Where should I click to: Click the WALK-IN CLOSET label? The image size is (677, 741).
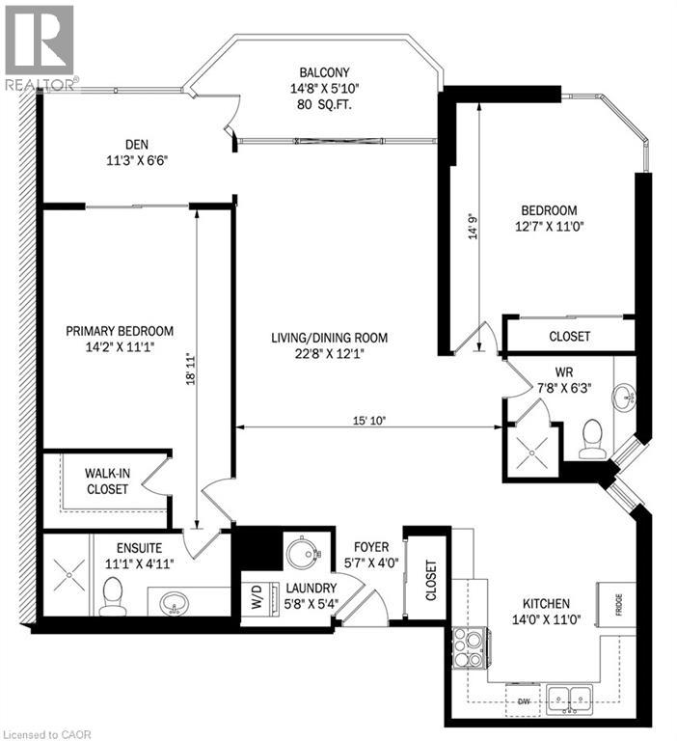coord(107,480)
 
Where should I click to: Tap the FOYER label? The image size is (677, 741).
coord(370,545)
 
